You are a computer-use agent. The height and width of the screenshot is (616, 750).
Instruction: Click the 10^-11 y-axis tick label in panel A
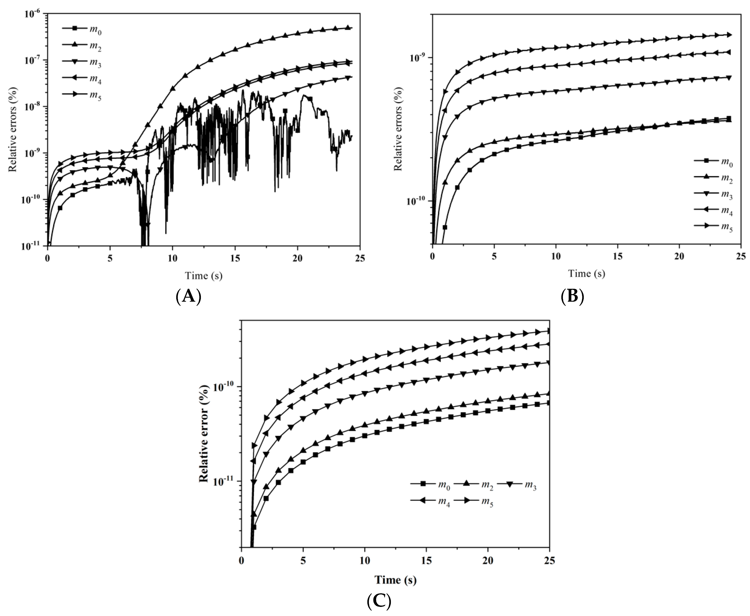[x=32, y=246]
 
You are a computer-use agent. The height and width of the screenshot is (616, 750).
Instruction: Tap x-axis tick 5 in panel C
[x=303, y=561]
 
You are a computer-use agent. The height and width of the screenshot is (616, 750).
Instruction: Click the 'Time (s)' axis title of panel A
[x=204, y=276]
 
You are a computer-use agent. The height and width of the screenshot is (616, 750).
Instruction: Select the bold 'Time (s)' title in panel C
[x=395, y=580]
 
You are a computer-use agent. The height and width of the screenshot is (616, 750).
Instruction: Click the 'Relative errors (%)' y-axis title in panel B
[x=399, y=129]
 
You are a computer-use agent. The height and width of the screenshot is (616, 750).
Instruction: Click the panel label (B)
[x=572, y=296]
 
